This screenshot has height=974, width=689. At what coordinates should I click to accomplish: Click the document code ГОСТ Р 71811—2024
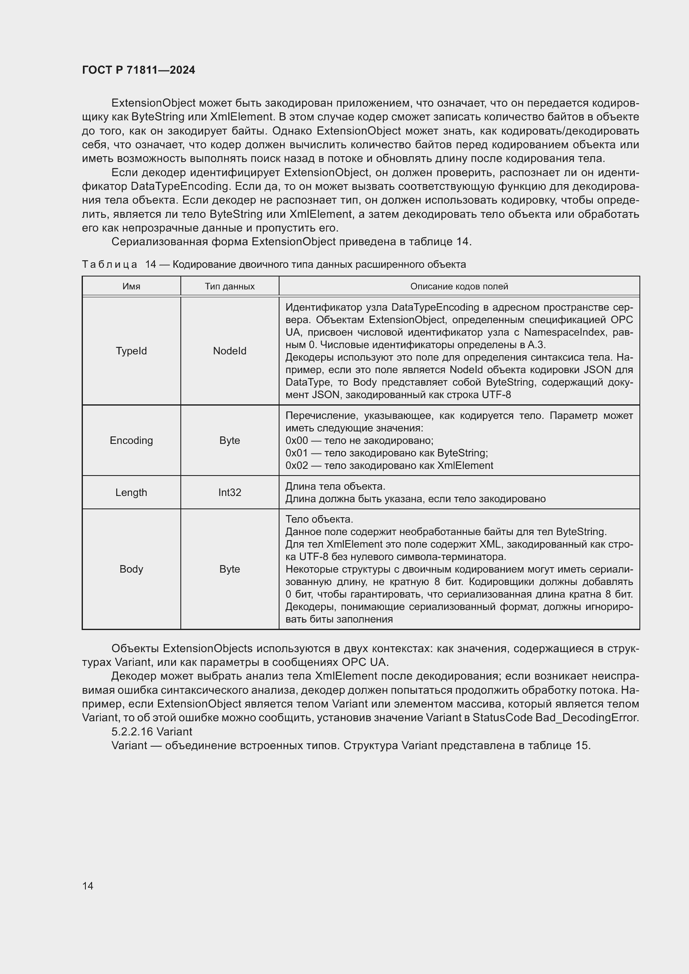pos(138,70)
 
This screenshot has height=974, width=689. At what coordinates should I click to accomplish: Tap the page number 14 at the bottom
pos(88,886)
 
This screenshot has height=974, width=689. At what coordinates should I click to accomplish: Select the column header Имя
pos(131,286)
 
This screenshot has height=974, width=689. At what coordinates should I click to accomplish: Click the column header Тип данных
pos(230,286)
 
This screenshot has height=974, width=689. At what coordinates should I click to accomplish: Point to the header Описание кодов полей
pos(459,286)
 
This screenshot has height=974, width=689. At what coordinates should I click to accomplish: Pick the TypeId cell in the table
pos(131,351)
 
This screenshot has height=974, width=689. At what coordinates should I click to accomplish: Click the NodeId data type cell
pos(230,351)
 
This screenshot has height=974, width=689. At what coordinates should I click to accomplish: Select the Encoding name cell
pos(131,440)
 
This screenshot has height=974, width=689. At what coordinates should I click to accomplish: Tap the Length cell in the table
pos(131,493)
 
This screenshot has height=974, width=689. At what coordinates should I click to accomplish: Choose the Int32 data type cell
pos(230,493)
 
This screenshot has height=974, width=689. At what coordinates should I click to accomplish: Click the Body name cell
pos(131,569)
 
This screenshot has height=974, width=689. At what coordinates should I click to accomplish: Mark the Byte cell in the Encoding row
pos(230,440)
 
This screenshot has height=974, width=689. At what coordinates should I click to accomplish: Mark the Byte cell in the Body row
pos(230,569)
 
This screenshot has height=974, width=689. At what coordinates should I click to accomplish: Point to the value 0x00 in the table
pos(296,440)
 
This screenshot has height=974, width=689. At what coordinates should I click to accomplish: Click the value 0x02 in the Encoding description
pos(296,466)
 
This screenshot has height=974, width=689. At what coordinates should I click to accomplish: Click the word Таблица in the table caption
pos(110,264)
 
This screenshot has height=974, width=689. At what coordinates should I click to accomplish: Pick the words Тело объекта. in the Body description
pos(319,519)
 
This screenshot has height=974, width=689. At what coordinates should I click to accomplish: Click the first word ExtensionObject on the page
pos(153,103)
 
